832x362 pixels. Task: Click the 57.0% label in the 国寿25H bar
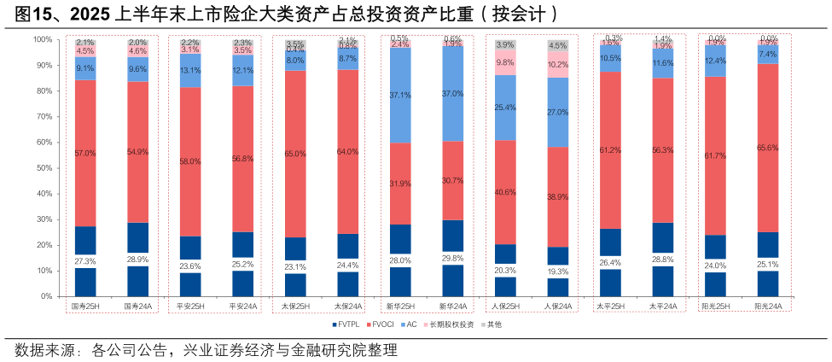click(x=85, y=153)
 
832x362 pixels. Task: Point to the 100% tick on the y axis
click(x=43, y=39)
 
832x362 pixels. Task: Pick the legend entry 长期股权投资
click(x=454, y=324)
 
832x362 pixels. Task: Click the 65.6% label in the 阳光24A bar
click(x=768, y=148)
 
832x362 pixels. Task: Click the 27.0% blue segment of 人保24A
click(x=557, y=112)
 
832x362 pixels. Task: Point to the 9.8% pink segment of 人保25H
click(x=505, y=62)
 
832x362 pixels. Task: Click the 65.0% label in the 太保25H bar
click(x=295, y=154)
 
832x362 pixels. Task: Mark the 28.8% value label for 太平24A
click(x=662, y=258)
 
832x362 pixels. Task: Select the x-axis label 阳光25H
click(x=715, y=306)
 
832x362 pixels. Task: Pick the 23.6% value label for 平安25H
click(x=190, y=265)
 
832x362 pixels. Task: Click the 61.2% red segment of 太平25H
click(x=610, y=150)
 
